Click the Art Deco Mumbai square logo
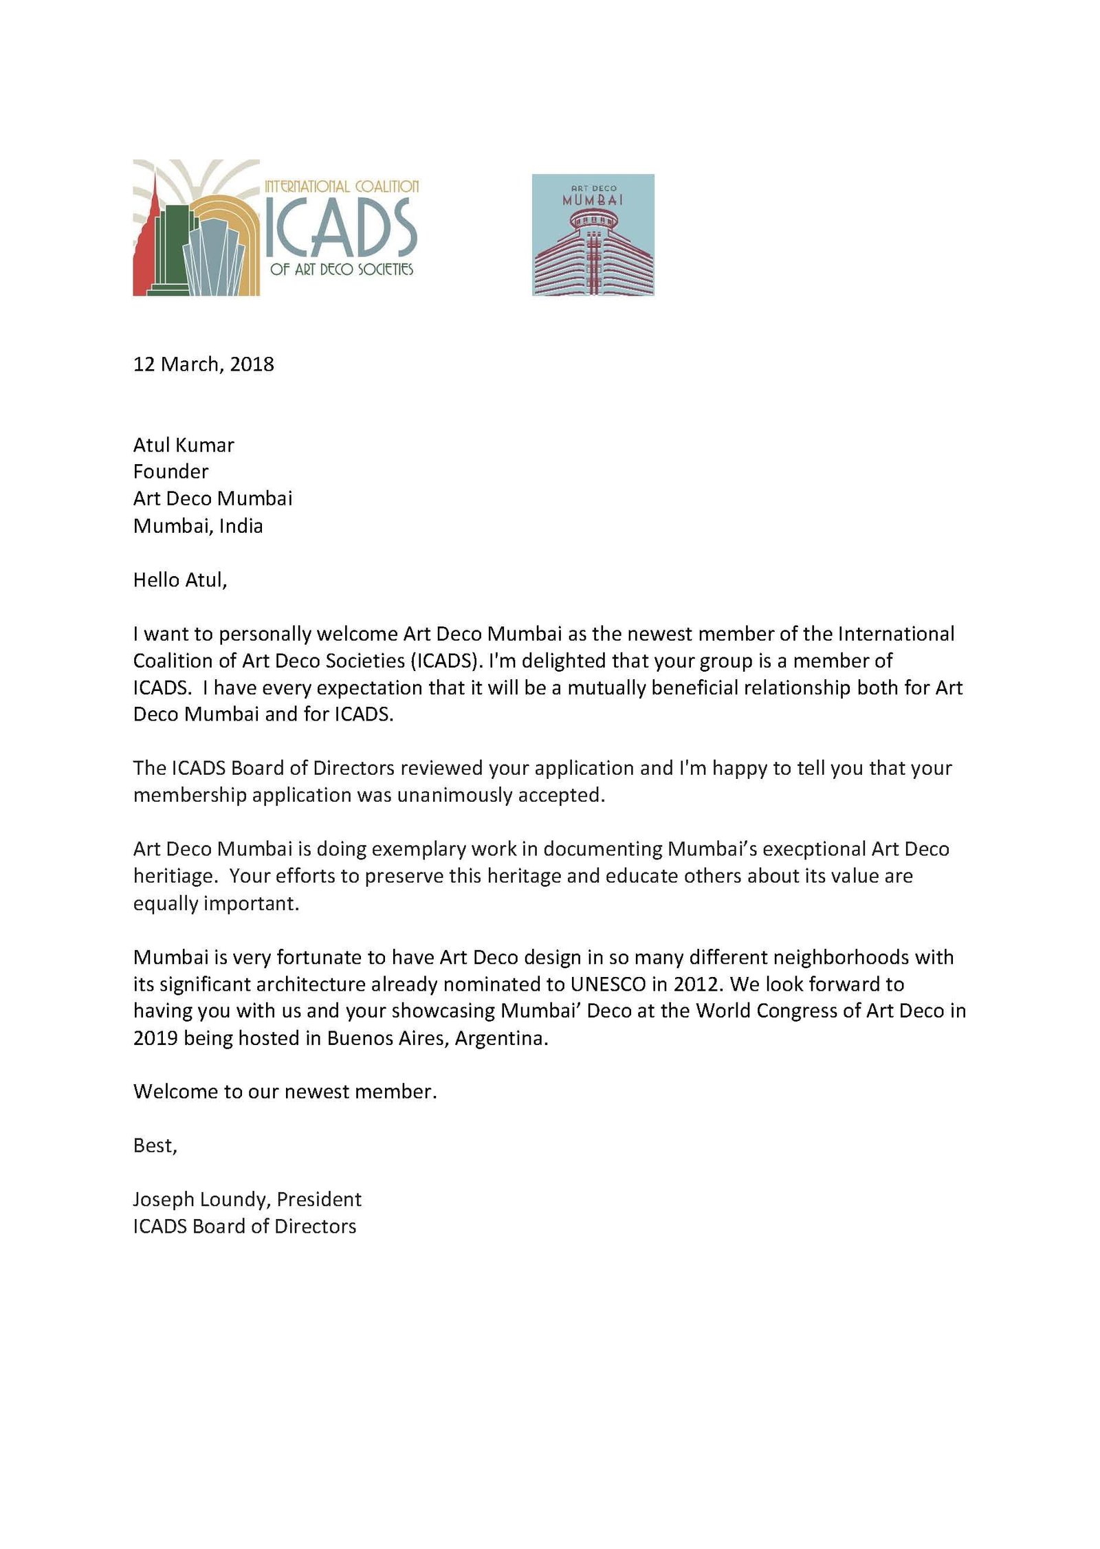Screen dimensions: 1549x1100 [593, 235]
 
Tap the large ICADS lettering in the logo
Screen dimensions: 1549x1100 [341, 228]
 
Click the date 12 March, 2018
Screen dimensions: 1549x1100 [203, 364]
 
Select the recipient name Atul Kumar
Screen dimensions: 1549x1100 [184, 445]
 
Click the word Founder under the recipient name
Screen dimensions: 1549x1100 [170, 472]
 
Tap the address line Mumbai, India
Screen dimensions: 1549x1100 [198, 526]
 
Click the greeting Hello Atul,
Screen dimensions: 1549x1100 [180, 580]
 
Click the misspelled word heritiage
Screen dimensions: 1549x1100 [175, 877]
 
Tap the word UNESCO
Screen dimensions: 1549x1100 [608, 985]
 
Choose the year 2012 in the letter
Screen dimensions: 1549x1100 [698, 985]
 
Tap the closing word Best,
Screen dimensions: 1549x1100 [155, 1145]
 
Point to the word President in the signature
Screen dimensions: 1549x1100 [319, 1200]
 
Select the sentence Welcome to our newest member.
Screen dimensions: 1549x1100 [285, 1092]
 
